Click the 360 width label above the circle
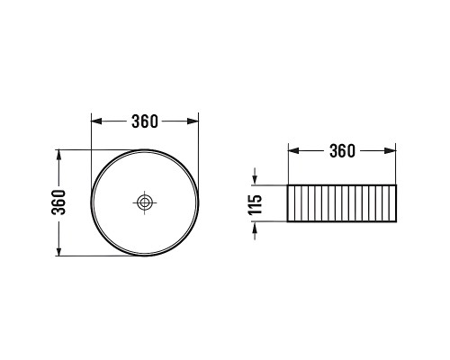[145, 121]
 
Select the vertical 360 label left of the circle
[58, 202]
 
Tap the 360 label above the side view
[342, 151]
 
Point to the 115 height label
[255, 204]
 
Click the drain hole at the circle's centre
[145, 202]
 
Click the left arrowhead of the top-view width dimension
[96, 121]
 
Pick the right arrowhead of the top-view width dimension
[193, 121]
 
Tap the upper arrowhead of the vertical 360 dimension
[58, 156]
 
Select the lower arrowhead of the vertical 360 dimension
[58, 250]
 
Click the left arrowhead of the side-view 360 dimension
[294, 150]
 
